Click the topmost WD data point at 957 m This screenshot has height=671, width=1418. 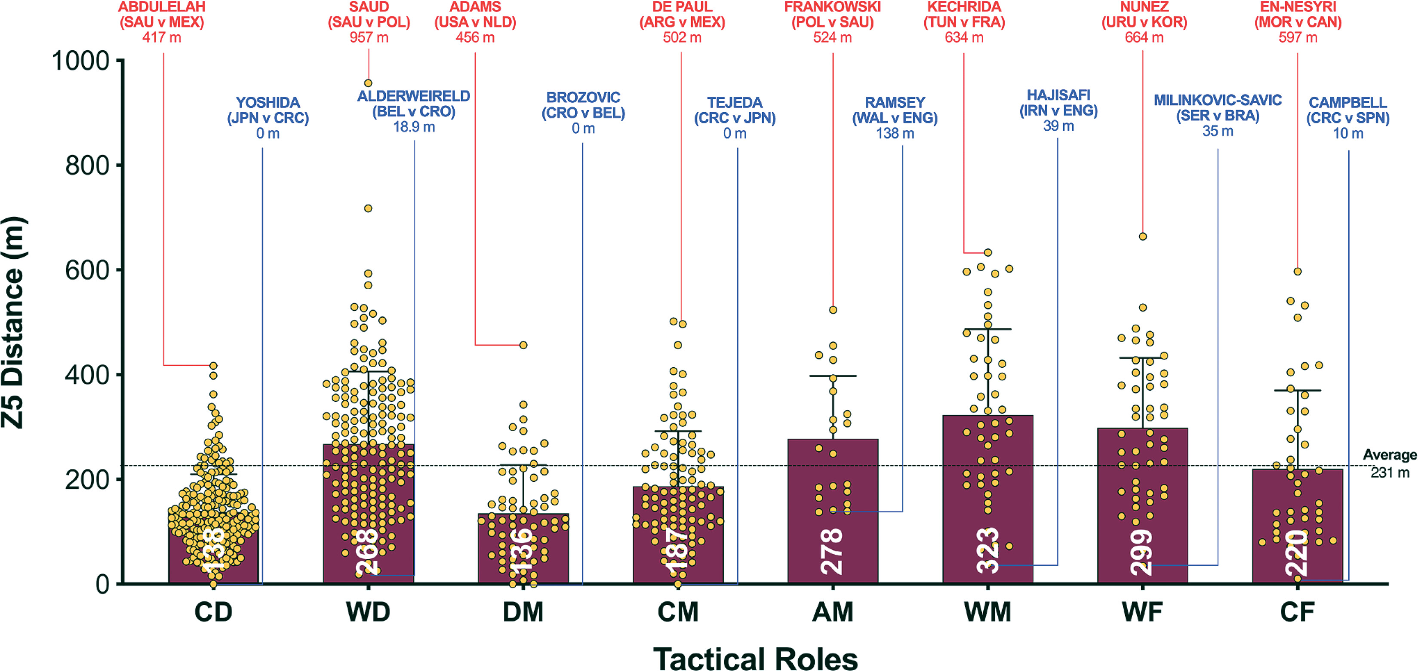[x=368, y=83]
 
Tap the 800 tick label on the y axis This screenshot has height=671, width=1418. [x=87, y=165]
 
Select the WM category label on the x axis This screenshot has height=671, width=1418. [x=987, y=612]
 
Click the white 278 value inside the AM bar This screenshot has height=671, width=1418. [x=832, y=551]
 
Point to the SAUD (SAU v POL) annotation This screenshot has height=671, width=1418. [x=369, y=22]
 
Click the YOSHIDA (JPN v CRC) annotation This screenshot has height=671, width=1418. [x=268, y=118]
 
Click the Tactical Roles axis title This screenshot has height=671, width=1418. [x=755, y=659]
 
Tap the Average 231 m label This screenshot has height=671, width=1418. [x=1389, y=463]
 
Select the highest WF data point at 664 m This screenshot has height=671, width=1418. [x=1143, y=236]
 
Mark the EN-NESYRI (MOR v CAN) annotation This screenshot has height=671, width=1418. [x=1298, y=22]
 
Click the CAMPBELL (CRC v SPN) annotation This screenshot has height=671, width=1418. [x=1347, y=118]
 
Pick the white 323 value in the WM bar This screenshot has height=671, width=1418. [x=987, y=551]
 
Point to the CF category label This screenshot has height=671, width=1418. [x=1297, y=612]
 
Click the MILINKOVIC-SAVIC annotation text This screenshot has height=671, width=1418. [x=1218, y=116]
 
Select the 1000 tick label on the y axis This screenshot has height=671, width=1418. [x=80, y=61]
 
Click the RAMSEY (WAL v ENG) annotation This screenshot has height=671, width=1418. [x=895, y=118]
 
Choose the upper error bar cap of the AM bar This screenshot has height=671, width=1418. [x=833, y=376]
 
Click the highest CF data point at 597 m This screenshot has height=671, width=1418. [x=1298, y=272]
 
